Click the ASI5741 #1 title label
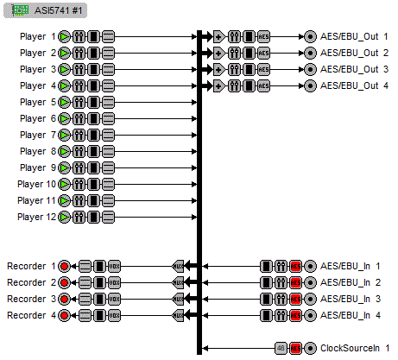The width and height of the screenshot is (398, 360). click(x=58, y=10)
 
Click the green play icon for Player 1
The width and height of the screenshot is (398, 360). click(x=65, y=37)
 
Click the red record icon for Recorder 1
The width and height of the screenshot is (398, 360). click(x=65, y=266)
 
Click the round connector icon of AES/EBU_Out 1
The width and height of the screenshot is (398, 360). click(x=310, y=37)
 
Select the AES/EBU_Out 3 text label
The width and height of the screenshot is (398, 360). click(x=354, y=69)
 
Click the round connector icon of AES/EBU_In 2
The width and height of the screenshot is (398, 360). click(x=310, y=282)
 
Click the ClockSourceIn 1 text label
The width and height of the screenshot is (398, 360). click(x=355, y=348)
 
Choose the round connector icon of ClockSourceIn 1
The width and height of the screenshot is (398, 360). click(x=310, y=348)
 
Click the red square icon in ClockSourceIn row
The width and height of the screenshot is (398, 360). click(x=295, y=348)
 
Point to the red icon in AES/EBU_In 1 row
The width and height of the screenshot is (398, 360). click(x=295, y=266)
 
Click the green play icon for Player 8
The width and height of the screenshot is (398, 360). click(x=65, y=151)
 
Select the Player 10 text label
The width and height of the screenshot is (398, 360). click(x=37, y=184)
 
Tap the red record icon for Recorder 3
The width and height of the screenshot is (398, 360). click(x=65, y=299)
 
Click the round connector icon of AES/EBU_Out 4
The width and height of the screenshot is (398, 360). click(x=310, y=85)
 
